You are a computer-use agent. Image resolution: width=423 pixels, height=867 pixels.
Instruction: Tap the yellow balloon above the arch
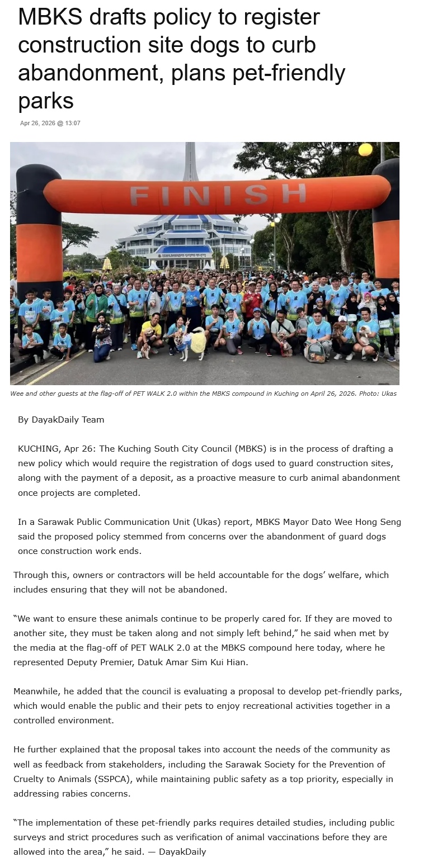tap(365, 149)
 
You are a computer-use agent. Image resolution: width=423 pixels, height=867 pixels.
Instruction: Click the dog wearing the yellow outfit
tap(197, 340)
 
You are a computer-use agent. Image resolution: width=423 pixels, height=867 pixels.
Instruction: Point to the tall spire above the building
tap(190, 162)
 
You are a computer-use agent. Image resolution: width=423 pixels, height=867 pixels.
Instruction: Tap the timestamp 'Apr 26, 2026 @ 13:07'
tap(50, 123)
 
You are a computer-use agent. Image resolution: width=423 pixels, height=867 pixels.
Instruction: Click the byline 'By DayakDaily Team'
tap(61, 419)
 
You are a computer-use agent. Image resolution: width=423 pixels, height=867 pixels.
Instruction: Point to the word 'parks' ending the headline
tap(46, 101)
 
